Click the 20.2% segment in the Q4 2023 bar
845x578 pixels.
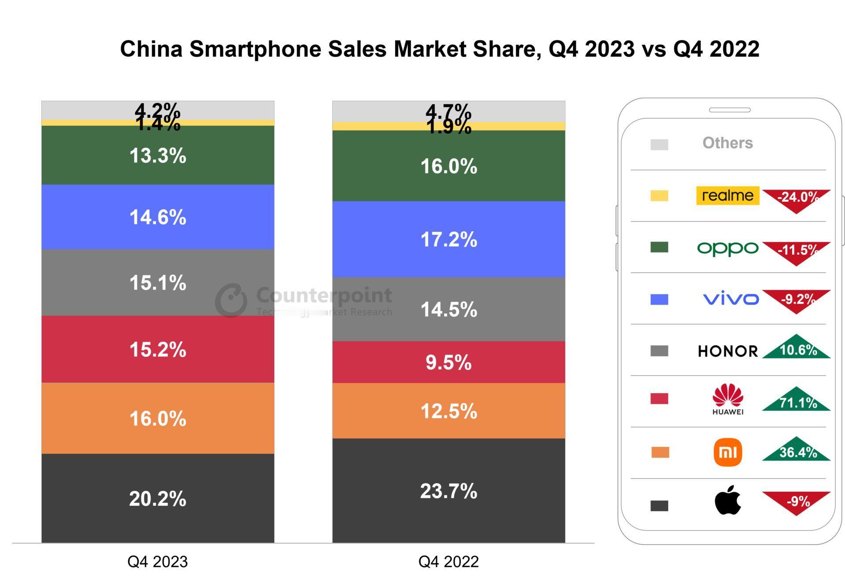[158, 498]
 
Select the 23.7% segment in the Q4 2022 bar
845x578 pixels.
[448, 490]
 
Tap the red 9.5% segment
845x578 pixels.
[448, 362]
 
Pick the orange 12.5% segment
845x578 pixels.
[448, 411]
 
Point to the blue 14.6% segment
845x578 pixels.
[158, 217]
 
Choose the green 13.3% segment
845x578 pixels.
[158, 155]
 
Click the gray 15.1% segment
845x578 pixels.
[158, 282]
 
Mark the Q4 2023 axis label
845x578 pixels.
[158, 562]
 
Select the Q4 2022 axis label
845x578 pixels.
[448, 562]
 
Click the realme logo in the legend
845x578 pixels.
[727, 195]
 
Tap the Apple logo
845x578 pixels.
[728, 500]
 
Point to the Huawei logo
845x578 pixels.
[728, 399]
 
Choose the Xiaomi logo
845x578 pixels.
[728, 452]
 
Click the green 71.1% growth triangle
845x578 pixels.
[797, 401]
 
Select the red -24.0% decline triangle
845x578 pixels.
[797, 198]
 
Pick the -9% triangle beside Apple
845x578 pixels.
[797, 501]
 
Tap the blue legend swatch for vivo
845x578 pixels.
[659, 300]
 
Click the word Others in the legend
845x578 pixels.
[727, 143]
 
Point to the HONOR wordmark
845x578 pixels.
[728, 351]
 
